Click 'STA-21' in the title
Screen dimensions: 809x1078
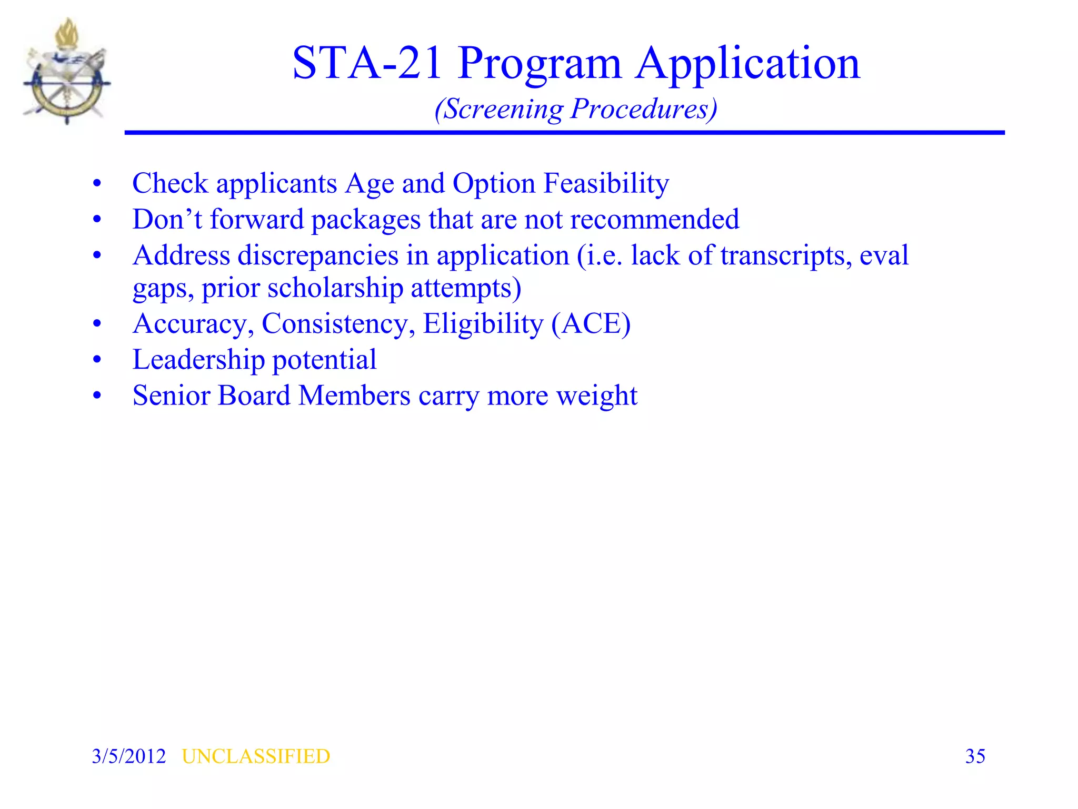[367, 63]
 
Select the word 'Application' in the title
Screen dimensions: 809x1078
[747, 64]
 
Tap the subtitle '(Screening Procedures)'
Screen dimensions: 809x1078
[576, 109]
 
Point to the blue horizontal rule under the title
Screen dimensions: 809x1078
[564, 133]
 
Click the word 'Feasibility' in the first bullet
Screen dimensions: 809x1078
[606, 183]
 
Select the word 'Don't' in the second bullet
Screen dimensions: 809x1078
[167, 219]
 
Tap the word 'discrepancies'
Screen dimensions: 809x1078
[318, 255]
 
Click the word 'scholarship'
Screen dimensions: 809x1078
[335, 288]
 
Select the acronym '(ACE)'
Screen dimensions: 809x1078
[591, 323]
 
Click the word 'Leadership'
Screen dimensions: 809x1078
[198, 360]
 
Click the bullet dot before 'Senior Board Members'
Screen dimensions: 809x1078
[97, 396]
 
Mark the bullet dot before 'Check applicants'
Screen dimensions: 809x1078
[97, 184]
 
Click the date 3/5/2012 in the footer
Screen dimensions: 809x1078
[129, 756]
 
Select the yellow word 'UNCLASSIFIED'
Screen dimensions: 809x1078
[256, 756]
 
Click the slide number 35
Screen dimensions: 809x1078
[975, 756]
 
